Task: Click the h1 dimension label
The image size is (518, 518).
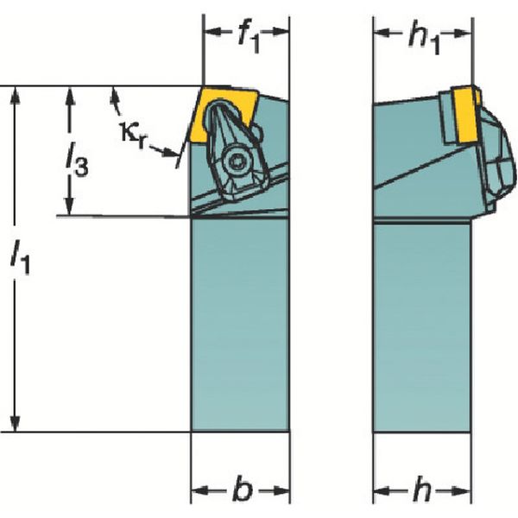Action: click(x=424, y=38)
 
